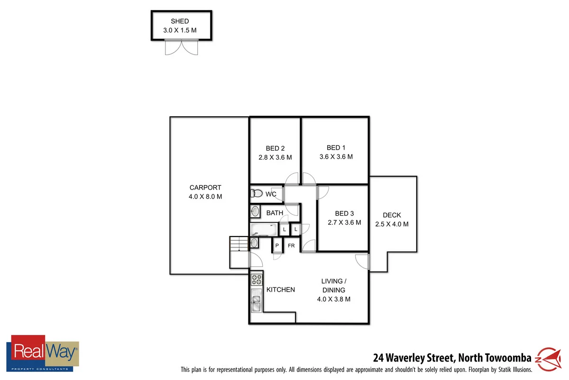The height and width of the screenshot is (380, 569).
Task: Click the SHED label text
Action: pos(180,21)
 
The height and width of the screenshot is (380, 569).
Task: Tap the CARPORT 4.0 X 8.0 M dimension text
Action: pos(205,196)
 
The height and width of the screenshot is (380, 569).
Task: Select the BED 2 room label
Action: pos(275,148)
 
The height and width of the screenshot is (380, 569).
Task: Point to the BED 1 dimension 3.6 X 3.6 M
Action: pos(336,157)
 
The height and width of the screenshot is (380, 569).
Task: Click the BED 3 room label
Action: pos(344,213)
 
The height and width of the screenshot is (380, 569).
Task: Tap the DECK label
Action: pos(392,215)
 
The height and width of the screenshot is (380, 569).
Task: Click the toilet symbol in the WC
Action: pos(257,194)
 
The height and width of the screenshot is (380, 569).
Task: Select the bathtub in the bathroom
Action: pos(264,230)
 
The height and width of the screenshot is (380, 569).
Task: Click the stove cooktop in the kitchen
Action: pos(256,279)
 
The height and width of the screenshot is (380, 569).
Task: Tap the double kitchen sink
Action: pos(256,300)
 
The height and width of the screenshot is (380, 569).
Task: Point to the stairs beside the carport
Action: pos(239,244)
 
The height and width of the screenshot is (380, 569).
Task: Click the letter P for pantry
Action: pos(277,246)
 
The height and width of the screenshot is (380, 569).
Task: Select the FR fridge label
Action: pos(291,246)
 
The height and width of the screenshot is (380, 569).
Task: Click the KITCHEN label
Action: pos(281,290)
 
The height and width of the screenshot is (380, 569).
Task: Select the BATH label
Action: pos(275,213)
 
